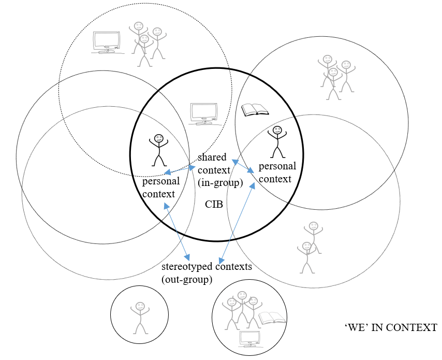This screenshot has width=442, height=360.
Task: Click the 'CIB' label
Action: pos(214,204)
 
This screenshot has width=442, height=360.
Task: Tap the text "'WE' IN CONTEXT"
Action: pos(390,327)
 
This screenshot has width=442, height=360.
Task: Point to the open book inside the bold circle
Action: pos(255,110)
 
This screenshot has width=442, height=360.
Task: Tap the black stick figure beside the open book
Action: pos(277,141)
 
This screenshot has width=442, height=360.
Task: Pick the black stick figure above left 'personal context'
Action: pos(158,150)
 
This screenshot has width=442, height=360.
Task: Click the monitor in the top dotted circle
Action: pos(107,42)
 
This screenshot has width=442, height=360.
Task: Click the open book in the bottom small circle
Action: pos(272,318)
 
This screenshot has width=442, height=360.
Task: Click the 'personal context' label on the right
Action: pos(277,172)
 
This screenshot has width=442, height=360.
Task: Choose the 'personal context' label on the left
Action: pos(161,187)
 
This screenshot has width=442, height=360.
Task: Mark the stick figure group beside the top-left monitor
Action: pos(146,44)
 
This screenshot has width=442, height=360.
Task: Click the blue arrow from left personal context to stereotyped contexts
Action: pos(177,231)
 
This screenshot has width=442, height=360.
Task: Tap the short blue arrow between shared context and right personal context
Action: pos(242,166)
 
